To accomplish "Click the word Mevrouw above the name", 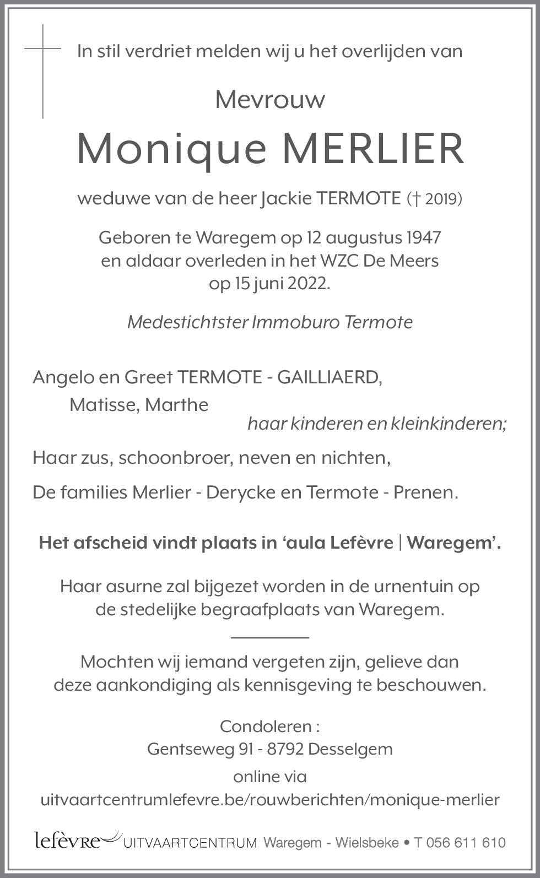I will coord(270,100).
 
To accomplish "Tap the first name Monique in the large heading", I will coord(171,149).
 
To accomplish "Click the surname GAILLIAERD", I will coord(329,377).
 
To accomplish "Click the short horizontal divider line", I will coord(270,637).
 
